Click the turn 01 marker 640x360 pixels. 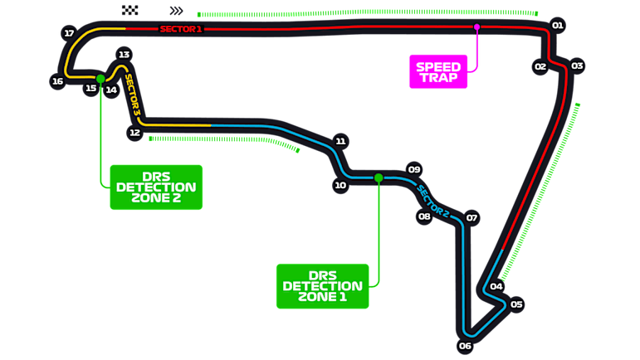tap(558, 25)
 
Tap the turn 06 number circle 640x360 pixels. tap(466, 346)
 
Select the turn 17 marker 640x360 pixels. tap(70, 33)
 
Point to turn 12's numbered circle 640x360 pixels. tap(134, 133)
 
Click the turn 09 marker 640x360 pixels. tap(414, 169)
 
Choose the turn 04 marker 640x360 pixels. tap(496, 286)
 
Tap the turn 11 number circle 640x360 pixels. tap(340, 141)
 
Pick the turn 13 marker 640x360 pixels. tap(124, 54)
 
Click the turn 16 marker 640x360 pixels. tap(57, 81)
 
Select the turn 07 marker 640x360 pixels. tap(471, 217)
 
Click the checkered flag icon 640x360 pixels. tap(129, 10)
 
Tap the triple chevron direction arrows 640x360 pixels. tap(176, 11)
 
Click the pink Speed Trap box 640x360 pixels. tap(438, 72)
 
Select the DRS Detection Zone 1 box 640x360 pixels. tap(322, 286)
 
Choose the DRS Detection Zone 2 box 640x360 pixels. tap(156, 187)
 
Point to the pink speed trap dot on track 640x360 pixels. tap(476, 27)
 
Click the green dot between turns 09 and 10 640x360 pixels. tap(379, 178)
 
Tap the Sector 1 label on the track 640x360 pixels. tap(181, 29)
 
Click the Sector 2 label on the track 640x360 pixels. tap(433, 202)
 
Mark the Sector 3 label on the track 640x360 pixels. tap(132, 95)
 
